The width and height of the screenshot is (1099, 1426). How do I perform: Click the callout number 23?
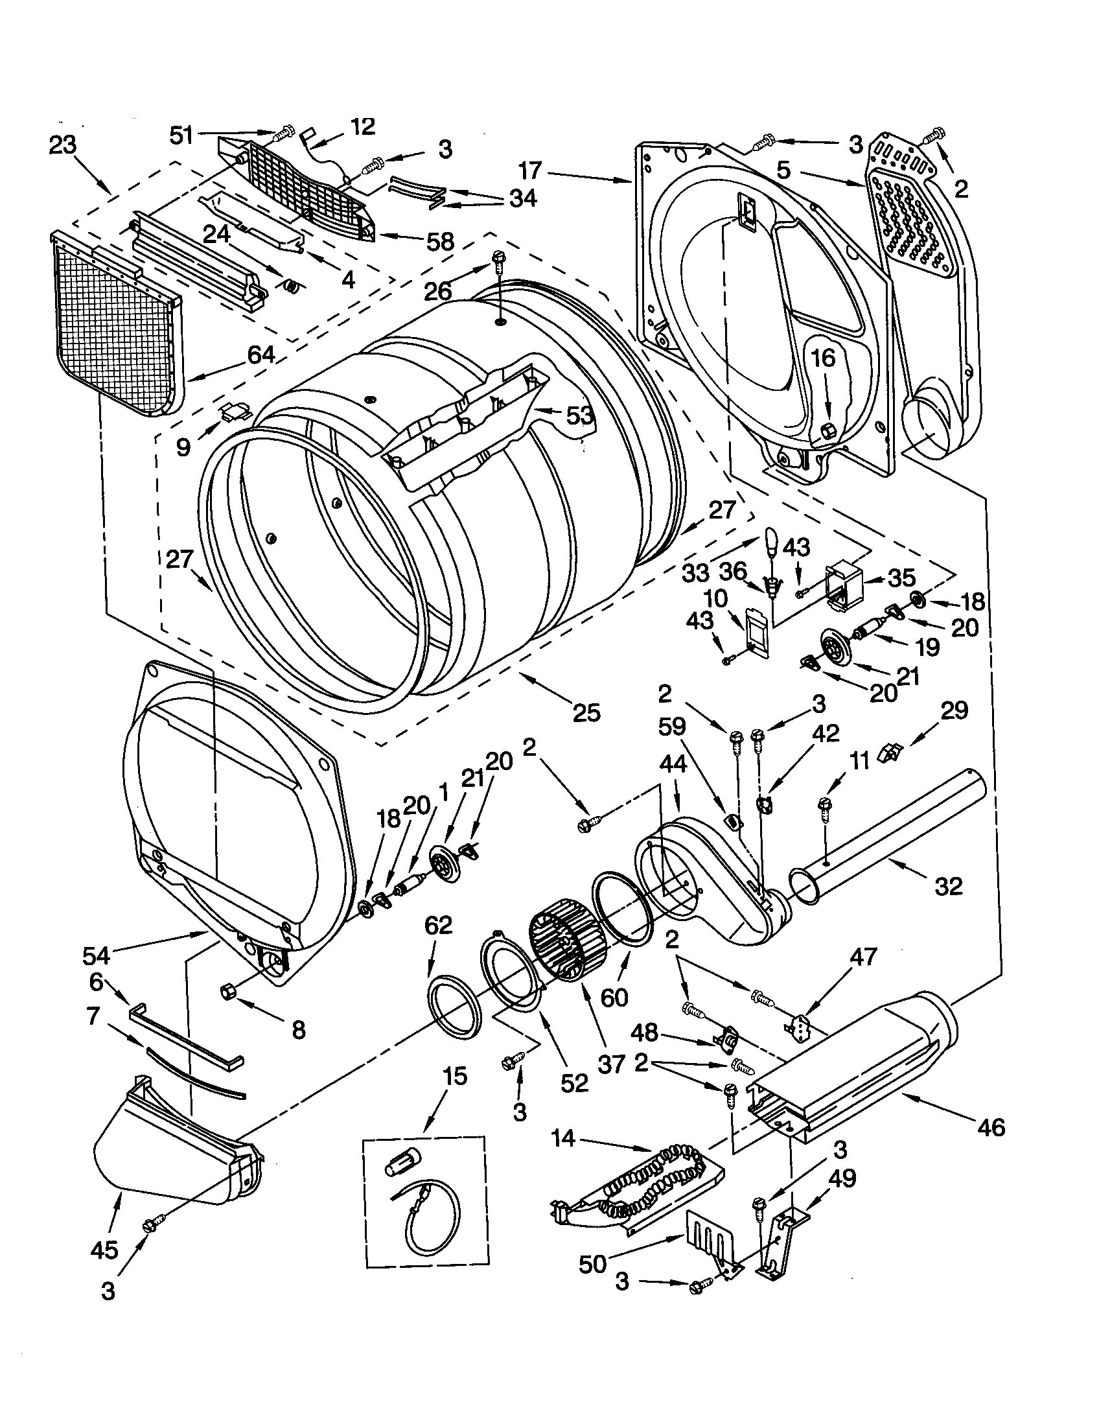(x=62, y=145)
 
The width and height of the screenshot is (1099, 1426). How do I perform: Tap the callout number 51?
(x=181, y=135)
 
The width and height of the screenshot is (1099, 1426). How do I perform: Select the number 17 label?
(x=530, y=172)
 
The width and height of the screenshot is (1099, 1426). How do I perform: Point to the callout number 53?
(x=579, y=415)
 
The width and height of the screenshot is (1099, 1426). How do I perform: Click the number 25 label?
(x=586, y=712)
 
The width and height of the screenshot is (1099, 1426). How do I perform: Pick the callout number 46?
(x=991, y=1127)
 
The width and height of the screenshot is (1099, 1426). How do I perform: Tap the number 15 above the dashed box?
(x=455, y=1075)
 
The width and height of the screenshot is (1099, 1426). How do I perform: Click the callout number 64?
(x=260, y=355)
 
